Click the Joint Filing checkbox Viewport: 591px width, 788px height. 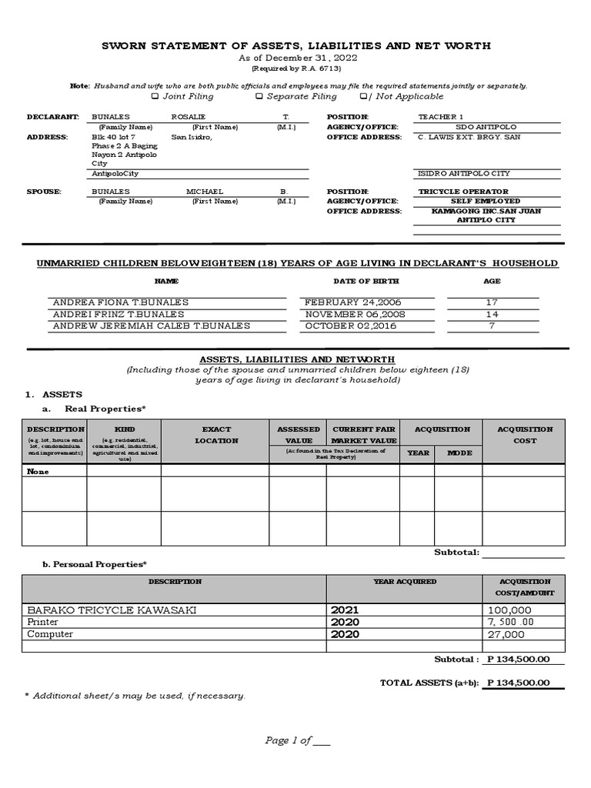[x=155, y=97]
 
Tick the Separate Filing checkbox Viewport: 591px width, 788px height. [x=259, y=97]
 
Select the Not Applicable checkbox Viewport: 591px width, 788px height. [x=364, y=97]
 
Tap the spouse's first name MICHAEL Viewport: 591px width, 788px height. [x=205, y=191]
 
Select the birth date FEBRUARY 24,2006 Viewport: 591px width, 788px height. [x=353, y=302]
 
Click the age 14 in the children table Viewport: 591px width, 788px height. [x=492, y=314]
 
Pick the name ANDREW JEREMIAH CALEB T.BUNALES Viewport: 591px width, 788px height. [x=152, y=326]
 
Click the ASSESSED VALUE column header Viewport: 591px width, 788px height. [x=298, y=435]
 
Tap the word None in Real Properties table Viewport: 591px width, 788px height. [x=38, y=472]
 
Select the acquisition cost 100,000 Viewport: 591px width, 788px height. [x=509, y=610]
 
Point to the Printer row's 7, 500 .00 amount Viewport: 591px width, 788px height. [x=511, y=622]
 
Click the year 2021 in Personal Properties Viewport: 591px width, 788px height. [x=345, y=610]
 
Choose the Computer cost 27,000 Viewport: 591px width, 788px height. [x=506, y=634]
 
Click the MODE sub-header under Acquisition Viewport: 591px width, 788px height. [x=459, y=453]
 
